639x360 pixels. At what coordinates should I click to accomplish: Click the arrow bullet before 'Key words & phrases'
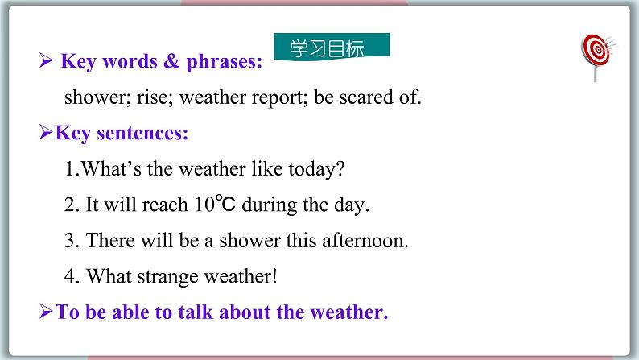tap(46, 61)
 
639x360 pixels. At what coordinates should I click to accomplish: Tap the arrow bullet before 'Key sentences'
tap(46, 133)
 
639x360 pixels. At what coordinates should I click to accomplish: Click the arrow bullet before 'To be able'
tap(46, 312)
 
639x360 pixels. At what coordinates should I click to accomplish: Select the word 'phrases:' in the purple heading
tap(223, 61)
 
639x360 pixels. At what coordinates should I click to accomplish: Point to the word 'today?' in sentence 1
tap(319, 169)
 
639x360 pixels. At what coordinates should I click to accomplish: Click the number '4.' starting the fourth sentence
tap(72, 276)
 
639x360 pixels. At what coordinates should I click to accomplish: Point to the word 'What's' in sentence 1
tap(107, 169)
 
